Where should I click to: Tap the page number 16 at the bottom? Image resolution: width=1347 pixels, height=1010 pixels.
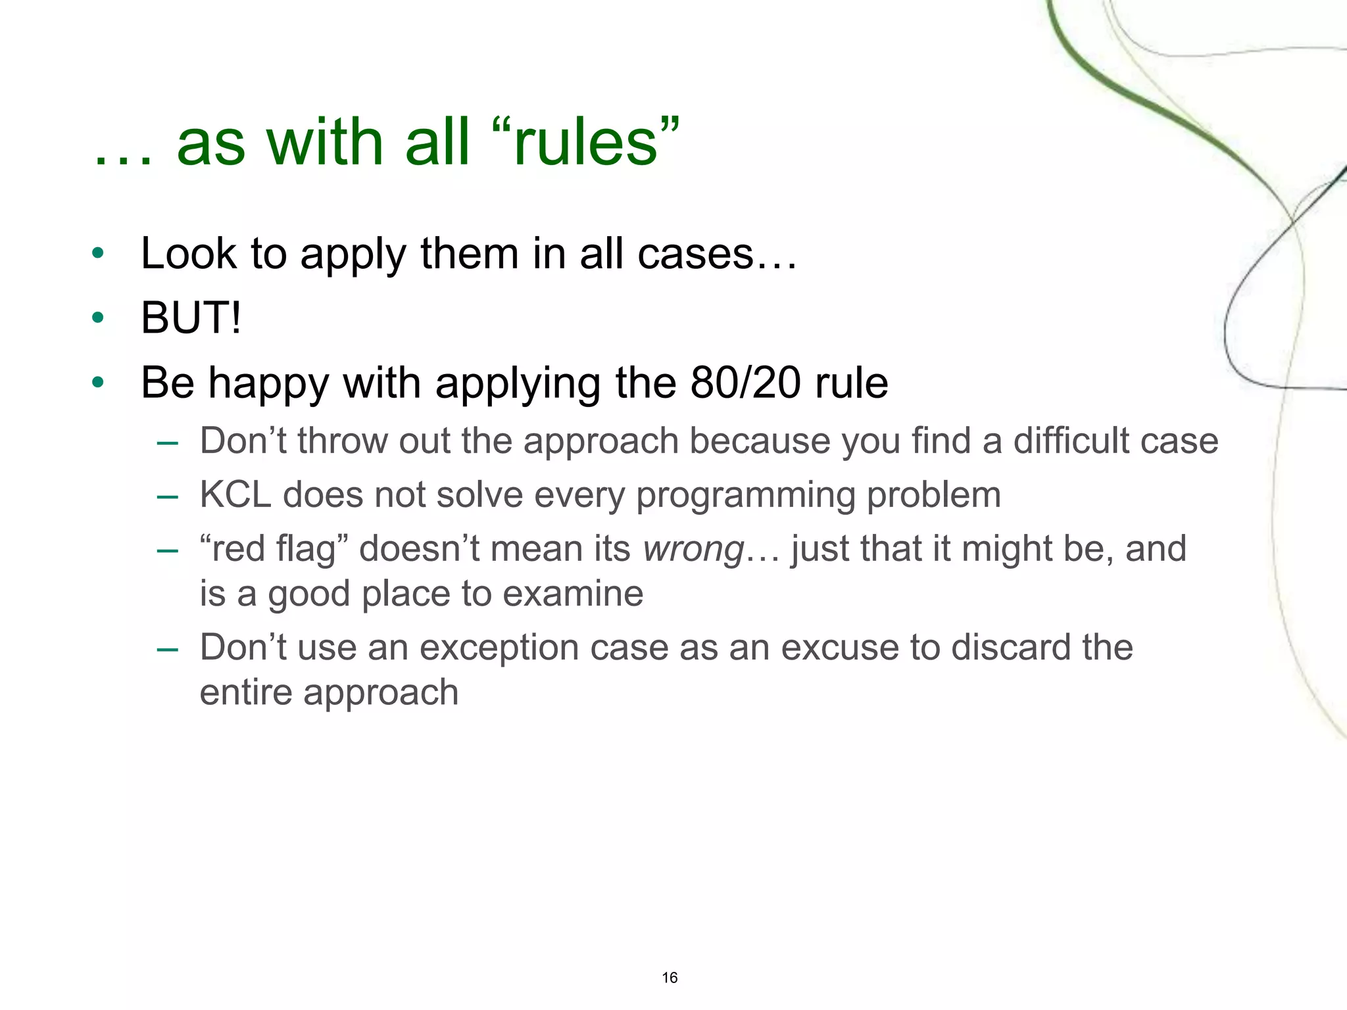[670, 978]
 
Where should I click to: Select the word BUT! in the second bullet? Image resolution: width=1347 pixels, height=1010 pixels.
[191, 318]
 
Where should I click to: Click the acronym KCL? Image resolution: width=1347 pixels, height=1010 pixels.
[235, 494]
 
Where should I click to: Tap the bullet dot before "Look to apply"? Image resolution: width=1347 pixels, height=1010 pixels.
[98, 254]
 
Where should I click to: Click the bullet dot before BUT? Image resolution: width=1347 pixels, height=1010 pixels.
[98, 318]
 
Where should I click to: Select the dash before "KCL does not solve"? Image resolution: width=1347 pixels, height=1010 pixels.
[168, 496]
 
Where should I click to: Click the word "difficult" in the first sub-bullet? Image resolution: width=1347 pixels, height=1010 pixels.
[1070, 441]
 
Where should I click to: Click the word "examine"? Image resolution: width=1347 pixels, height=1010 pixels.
[573, 594]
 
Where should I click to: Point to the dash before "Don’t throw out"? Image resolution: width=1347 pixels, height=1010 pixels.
[168, 443]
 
